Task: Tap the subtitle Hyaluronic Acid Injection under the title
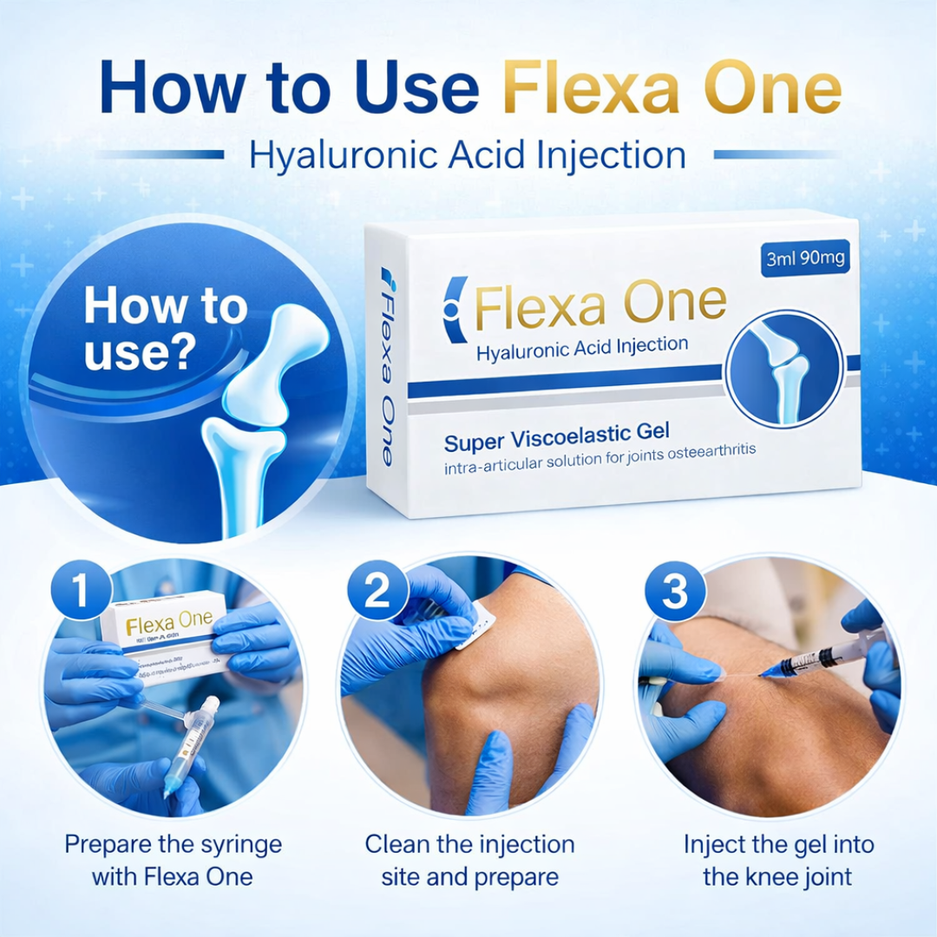(468, 155)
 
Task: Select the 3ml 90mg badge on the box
(806, 259)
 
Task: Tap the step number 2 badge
(377, 593)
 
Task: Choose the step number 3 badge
(674, 593)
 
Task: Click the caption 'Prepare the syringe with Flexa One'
(173, 860)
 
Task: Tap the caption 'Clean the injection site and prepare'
(469, 860)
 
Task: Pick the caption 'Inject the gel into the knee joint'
(777, 860)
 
